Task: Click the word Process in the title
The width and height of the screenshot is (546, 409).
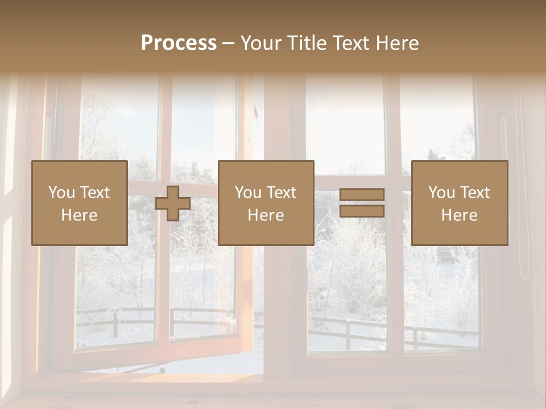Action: tap(179, 43)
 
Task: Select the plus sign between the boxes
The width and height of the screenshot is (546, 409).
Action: tap(173, 203)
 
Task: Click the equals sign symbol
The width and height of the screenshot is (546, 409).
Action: tap(362, 203)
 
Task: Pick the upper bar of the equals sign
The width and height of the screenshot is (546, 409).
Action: tap(362, 195)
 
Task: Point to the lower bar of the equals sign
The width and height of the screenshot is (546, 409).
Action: tap(362, 211)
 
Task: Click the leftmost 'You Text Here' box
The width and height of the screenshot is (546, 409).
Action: tap(79, 203)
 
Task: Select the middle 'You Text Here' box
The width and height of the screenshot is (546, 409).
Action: tap(266, 203)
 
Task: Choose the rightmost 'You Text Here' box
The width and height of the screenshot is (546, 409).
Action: tap(459, 203)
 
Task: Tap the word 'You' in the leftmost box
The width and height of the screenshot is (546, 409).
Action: tap(61, 193)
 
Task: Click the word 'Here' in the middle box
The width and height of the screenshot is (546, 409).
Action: tap(266, 215)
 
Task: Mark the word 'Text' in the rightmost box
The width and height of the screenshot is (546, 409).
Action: tap(474, 193)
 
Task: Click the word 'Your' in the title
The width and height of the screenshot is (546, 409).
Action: tap(262, 43)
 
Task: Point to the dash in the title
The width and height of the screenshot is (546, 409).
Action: tap(229, 44)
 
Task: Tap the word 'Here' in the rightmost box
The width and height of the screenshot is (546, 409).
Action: tap(459, 215)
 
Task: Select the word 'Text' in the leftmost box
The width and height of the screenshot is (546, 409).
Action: tap(94, 193)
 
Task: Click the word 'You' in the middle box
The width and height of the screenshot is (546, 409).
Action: tap(248, 193)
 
